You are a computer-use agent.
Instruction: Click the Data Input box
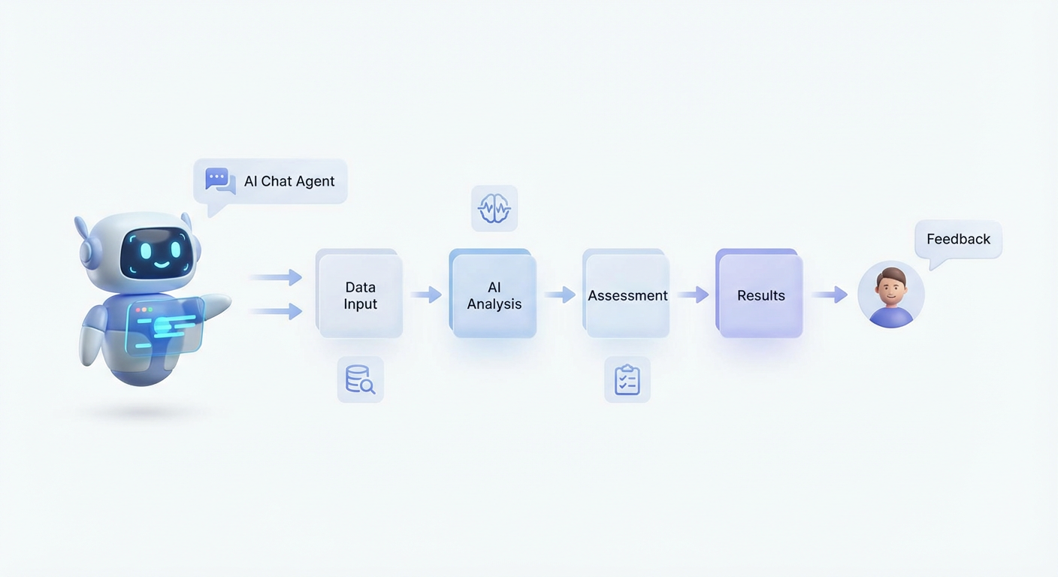[x=361, y=296]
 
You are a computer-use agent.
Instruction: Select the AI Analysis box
[x=494, y=296]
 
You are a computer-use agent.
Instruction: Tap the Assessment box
[x=627, y=296]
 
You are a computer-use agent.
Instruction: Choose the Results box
[x=760, y=296]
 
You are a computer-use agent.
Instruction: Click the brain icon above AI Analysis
[x=494, y=208]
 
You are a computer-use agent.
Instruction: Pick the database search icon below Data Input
[x=360, y=379]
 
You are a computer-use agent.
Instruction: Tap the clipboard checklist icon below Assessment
[x=627, y=379]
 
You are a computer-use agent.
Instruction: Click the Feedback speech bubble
[x=958, y=240]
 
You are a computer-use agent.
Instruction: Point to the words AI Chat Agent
[x=289, y=182]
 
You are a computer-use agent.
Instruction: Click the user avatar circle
[x=890, y=295]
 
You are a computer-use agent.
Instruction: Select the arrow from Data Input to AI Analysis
[x=426, y=295]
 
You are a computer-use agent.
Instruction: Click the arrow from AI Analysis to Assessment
[x=560, y=295]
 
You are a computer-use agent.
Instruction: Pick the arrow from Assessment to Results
[x=693, y=295]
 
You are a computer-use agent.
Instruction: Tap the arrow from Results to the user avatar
[x=830, y=295]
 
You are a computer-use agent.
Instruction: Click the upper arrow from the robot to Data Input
[x=276, y=278]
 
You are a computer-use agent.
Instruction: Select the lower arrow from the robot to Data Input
[x=276, y=310]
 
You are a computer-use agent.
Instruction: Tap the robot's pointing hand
[x=218, y=305]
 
